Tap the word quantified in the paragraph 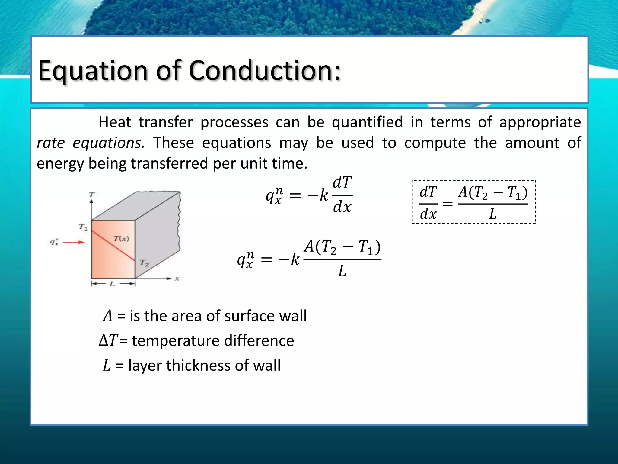click(x=367, y=122)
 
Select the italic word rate click(x=50, y=143)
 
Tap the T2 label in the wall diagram click(x=144, y=263)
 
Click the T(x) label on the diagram click(x=121, y=239)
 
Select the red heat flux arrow click(x=73, y=242)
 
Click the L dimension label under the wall click(x=112, y=284)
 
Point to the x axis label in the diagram click(x=177, y=279)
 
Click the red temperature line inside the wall click(x=113, y=245)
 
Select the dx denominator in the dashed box click(x=428, y=214)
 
